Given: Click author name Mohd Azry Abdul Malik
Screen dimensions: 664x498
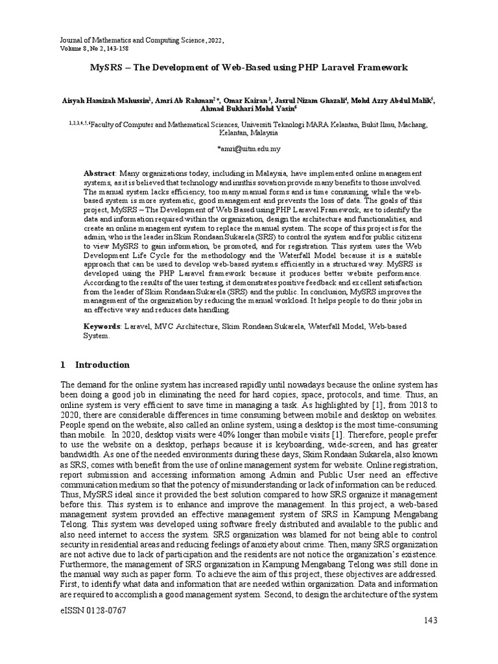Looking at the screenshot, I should point(392,100).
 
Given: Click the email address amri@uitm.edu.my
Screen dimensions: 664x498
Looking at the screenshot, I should point(249,148).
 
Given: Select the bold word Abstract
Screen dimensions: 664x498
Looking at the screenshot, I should point(100,175).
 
